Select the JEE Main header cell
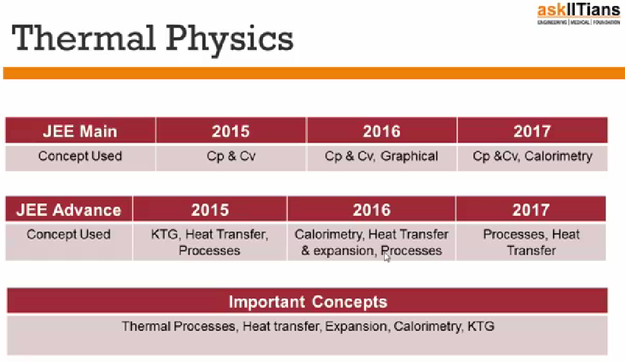pyautogui.click(x=80, y=131)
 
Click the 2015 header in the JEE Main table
pyautogui.click(x=230, y=131)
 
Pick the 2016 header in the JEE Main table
pyautogui.click(x=382, y=131)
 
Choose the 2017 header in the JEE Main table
pyautogui.click(x=532, y=131)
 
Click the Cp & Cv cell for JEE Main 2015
pyautogui.click(x=230, y=156)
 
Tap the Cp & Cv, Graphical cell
pyautogui.click(x=382, y=156)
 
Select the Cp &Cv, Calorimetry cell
pyautogui.click(x=532, y=156)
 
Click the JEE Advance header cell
pyautogui.click(x=69, y=209)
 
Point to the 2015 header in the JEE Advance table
pyautogui.click(x=210, y=209)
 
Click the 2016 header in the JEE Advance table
pyautogui.click(x=371, y=209)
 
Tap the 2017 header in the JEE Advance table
pyautogui.click(x=531, y=209)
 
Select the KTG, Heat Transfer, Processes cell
pyautogui.click(x=210, y=243)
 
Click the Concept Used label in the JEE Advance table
pyautogui.click(x=69, y=235)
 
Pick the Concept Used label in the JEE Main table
pyautogui.click(x=80, y=156)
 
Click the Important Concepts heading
pyautogui.click(x=307, y=302)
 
